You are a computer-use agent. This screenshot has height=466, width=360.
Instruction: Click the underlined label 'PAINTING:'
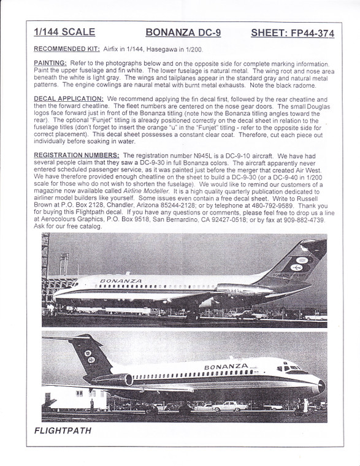click(x=50, y=64)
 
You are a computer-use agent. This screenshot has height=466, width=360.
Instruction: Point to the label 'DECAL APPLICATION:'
click(x=68, y=99)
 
